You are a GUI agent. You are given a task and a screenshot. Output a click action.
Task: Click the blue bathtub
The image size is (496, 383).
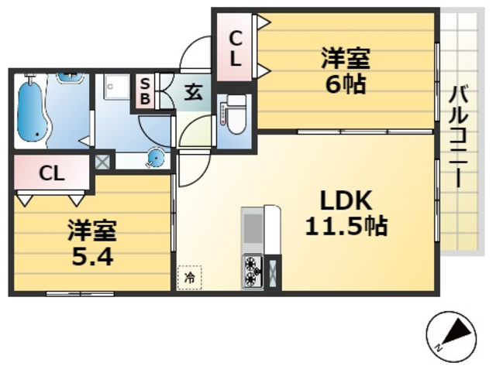pyautogui.click(x=33, y=111)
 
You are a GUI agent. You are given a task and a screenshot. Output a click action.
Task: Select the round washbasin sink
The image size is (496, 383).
pyautogui.click(x=155, y=159)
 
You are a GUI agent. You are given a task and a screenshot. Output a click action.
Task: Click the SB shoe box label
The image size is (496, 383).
pyautogui.click(x=144, y=92)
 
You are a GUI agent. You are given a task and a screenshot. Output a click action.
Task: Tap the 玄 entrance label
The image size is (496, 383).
pyautogui.click(x=193, y=93)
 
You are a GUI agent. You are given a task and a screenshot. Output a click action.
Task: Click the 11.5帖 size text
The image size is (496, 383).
pyautogui.click(x=345, y=227)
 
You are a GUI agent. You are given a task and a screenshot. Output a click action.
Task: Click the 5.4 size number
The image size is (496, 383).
pyautogui.click(x=93, y=255)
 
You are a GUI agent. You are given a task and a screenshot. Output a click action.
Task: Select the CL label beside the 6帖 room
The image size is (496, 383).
pyautogui.click(x=236, y=46)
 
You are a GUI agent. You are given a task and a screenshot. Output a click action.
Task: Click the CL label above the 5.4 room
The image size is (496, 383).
pyautogui.click(x=51, y=173)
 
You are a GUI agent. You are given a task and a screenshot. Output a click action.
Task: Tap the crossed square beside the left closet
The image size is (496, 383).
pyautogui.click(x=103, y=163)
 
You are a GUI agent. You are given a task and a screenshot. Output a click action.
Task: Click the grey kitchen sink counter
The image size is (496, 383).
pyautogui.click(x=253, y=230)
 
